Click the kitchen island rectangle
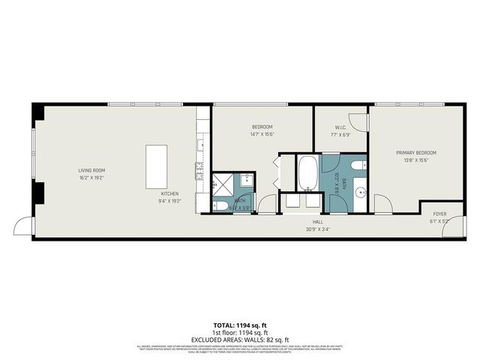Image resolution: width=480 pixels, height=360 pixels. point(156,166)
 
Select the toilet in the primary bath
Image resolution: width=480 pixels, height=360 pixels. point(358,166)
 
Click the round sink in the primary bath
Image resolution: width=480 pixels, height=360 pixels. point(359,191)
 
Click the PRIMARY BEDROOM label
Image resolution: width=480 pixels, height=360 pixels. point(415,152)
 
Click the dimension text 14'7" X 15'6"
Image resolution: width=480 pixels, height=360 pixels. point(262,134)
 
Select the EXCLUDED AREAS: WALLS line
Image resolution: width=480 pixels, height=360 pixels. point(240,340)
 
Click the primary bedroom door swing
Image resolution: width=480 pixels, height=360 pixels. point(382,203)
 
